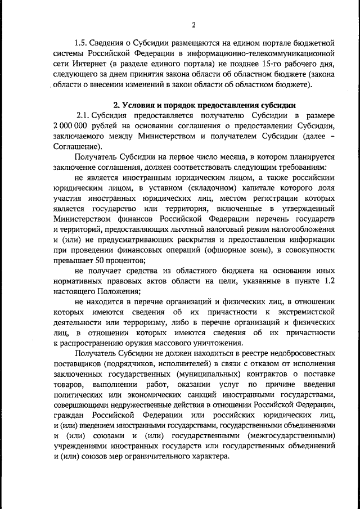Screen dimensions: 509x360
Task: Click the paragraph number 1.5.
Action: (x=82, y=42)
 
